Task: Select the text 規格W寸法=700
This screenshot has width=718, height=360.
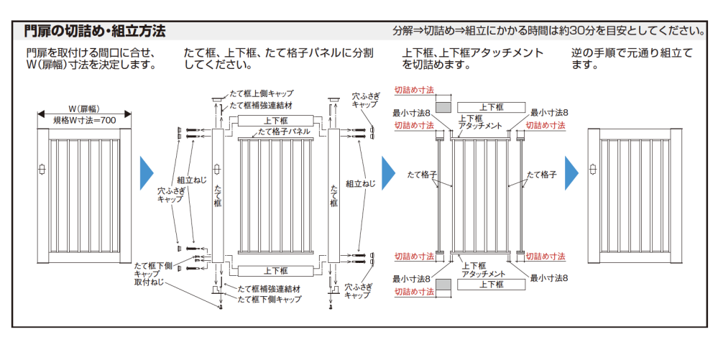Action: (85, 120)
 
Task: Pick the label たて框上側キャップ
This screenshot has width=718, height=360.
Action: (262, 93)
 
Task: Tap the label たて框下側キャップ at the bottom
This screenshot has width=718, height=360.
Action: (270, 299)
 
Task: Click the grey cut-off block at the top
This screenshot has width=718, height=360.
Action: (443, 106)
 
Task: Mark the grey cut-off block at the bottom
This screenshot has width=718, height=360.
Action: (443, 285)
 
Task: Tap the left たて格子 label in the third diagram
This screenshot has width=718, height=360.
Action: (421, 175)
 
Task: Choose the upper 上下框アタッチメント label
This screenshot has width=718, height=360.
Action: (479, 122)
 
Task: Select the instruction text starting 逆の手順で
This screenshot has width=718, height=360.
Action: (632, 58)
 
